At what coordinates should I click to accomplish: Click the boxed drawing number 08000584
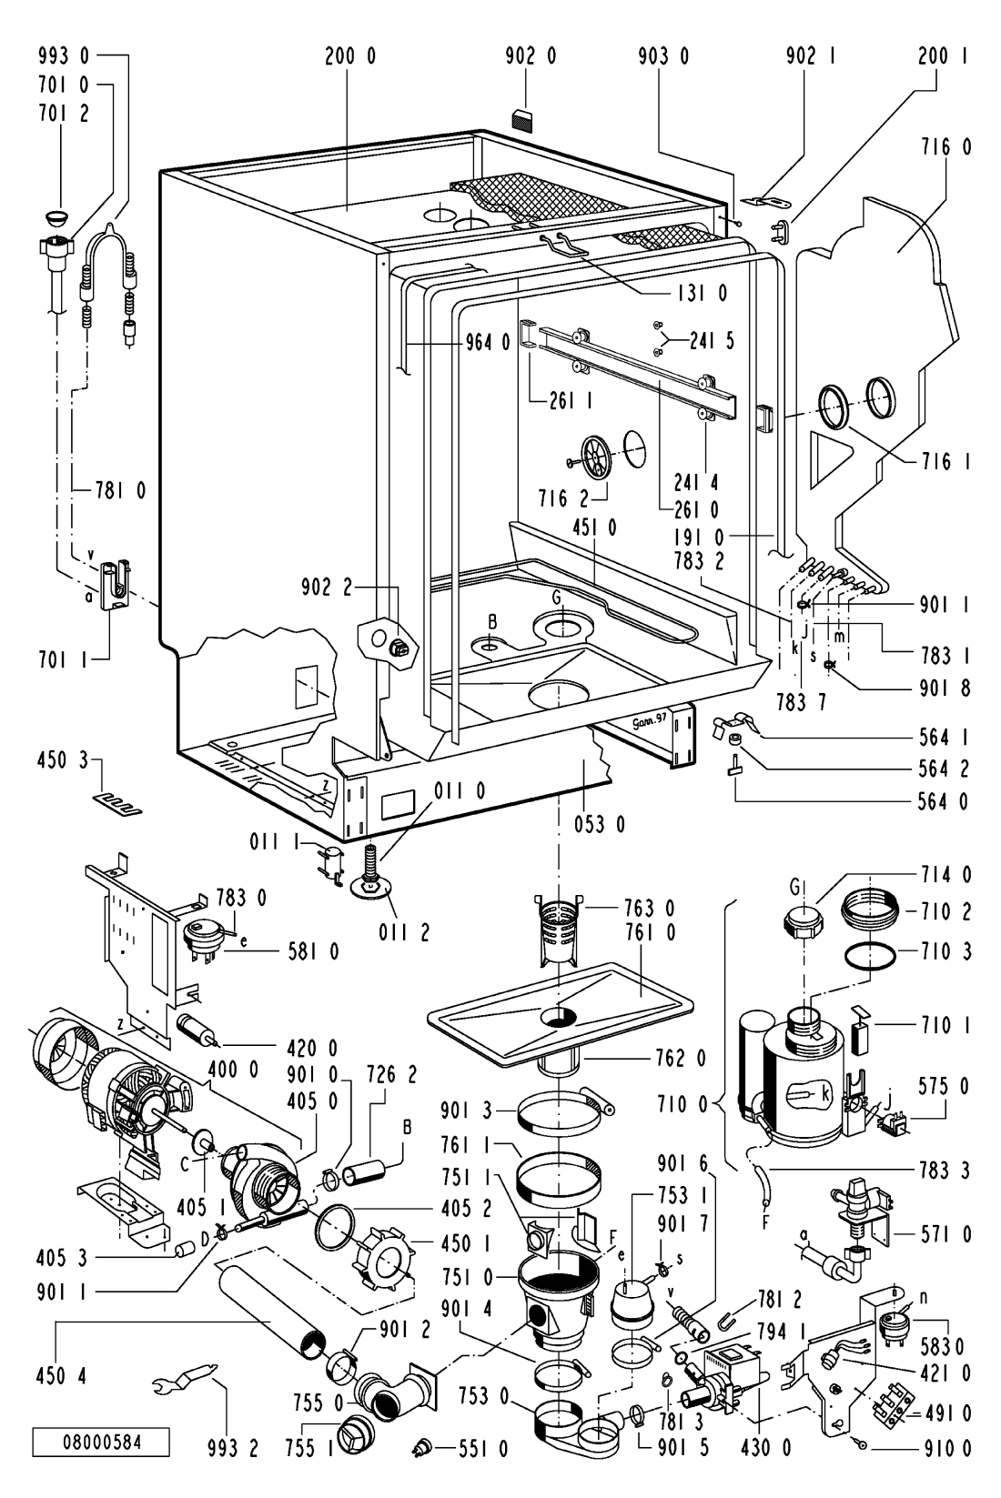pyautogui.click(x=102, y=1443)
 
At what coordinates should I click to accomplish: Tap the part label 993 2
pyautogui.click(x=234, y=1449)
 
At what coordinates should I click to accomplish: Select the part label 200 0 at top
pyautogui.click(x=350, y=56)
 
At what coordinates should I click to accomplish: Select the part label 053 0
pyautogui.click(x=600, y=825)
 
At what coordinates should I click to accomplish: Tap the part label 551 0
pyautogui.click(x=483, y=1449)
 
